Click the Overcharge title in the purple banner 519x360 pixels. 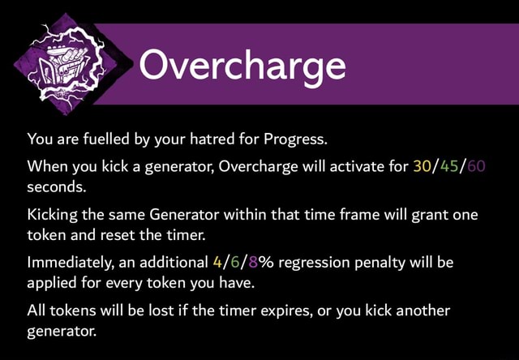242,65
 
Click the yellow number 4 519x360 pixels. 214,263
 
